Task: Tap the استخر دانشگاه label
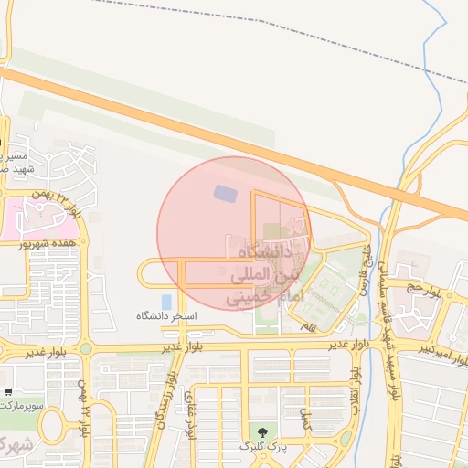click(167, 315)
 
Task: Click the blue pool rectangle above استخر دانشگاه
click(165, 301)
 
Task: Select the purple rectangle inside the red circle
click(223, 193)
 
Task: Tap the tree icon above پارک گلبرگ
click(264, 431)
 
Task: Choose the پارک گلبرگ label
click(264, 446)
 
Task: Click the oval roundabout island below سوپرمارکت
click(52, 425)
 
